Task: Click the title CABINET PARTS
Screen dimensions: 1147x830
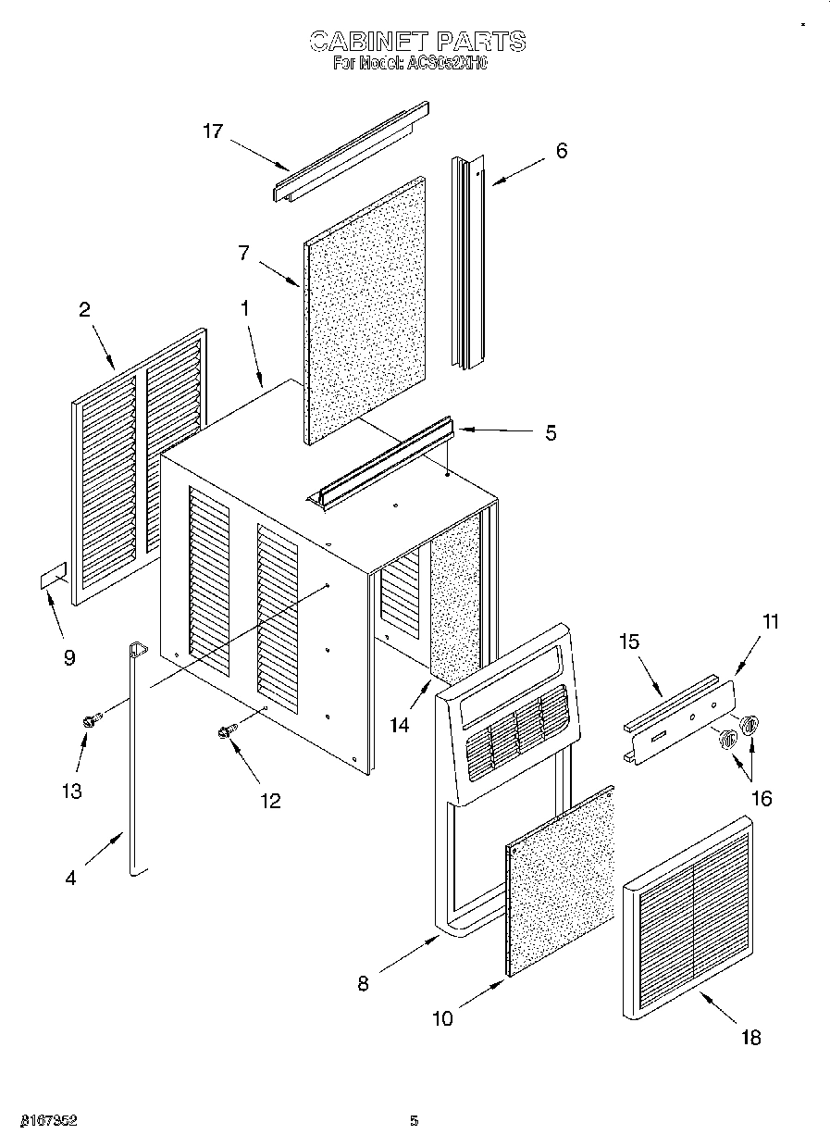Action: coord(416,41)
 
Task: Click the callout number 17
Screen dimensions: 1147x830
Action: coord(213,131)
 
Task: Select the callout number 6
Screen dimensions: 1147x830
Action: coord(561,151)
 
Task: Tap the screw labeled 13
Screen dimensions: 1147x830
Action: coord(91,719)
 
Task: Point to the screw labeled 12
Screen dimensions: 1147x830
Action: coord(223,732)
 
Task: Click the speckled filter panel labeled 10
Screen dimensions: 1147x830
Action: coord(561,881)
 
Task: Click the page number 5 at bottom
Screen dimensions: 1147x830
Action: coord(414,1121)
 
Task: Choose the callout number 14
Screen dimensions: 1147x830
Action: coord(399,726)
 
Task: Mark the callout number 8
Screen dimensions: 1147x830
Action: coord(363,984)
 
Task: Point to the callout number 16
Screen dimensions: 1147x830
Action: coord(762,799)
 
